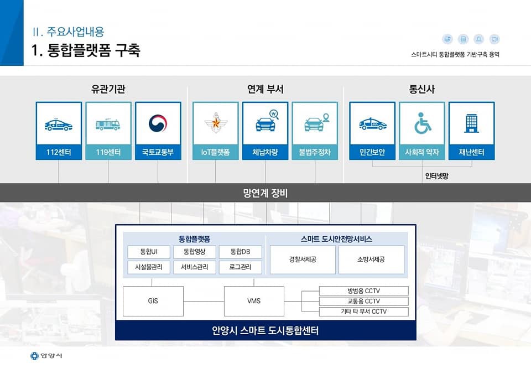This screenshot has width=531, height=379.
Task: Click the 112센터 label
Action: click(59, 152)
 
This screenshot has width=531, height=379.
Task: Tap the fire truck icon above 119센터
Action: click(108, 124)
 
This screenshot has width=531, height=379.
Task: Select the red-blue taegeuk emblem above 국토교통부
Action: click(158, 123)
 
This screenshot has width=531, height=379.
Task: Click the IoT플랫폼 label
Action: click(216, 152)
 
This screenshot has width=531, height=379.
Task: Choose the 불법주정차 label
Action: click(315, 152)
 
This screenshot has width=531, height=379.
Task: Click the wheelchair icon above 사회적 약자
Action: click(422, 124)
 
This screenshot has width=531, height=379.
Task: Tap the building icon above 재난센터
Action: click(471, 123)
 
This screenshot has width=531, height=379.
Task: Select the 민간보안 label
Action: click(372, 152)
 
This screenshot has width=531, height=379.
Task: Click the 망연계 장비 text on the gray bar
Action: click(265, 193)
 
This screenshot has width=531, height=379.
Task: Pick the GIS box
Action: click(153, 301)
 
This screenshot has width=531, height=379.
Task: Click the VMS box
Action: click(254, 301)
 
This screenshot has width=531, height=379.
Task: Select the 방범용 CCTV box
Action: click(363, 291)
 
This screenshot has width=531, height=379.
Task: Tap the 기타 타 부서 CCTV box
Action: click(363, 311)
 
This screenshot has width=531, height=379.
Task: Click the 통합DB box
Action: click(240, 252)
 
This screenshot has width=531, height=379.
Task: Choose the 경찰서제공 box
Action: click(303, 259)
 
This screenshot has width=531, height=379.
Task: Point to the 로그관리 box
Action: click(240, 267)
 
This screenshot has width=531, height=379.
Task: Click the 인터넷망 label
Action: click(436, 176)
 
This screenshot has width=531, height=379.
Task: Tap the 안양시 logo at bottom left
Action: click(46, 355)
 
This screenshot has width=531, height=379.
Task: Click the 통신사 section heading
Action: click(421, 89)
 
